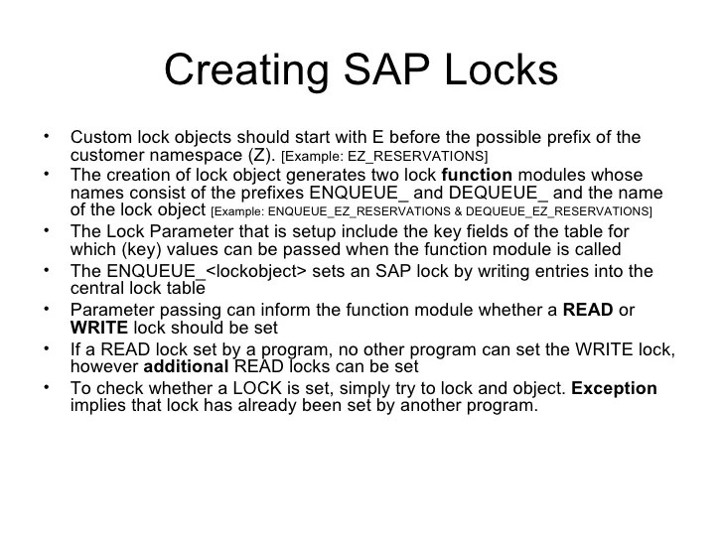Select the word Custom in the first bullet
coord(98,137)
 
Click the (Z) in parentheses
coord(261,156)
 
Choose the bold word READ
coord(587,309)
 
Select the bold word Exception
coord(614,388)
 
